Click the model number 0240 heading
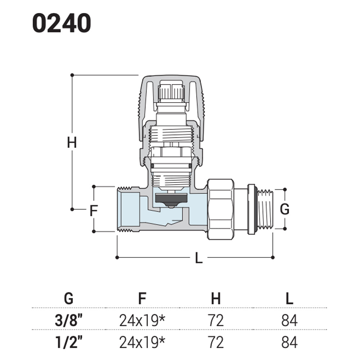coord(62,23)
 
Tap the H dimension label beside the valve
coord(72,142)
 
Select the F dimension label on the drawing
coord(94,210)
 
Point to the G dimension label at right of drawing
coord(285,209)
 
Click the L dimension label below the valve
coord(199,258)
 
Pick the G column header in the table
coord(69,298)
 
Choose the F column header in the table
coord(142,298)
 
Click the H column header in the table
coord(216,298)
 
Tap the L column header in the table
coord(289,298)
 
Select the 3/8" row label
coord(69,320)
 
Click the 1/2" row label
coord(69,342)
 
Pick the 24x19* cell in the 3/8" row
coord(142,320)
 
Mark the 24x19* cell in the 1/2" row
coord(142,342)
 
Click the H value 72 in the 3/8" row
coord(216,320)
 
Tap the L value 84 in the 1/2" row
coord(289,342)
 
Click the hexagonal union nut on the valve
coord(221,210)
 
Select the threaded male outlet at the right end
coord(265,209)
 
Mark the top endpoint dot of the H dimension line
coord(72,75)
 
